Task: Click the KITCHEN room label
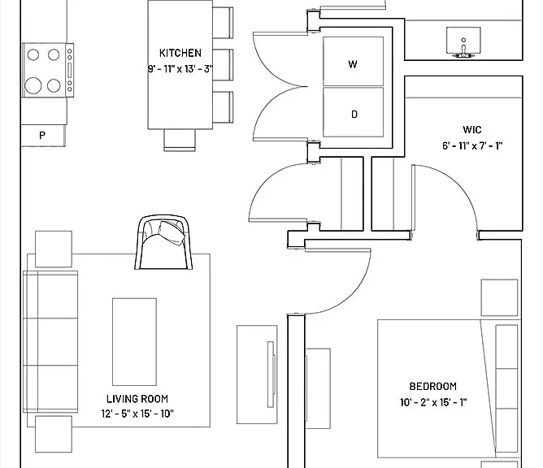click(x=180, y=53)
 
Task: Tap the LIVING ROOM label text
click(x=137, y=399)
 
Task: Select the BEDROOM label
click(x=433, y=386)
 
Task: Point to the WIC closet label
click(x=472, y=130)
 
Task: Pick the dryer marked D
click(x=354, y=112)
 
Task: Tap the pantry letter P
click(x=42, y=135)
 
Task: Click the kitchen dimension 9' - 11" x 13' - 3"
click(x=180, y=69)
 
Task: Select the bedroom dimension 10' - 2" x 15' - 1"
click(x=433, y=402)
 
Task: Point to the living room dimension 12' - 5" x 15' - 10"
click(x=137, y=414)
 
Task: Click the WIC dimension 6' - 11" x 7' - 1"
click(x=472, y=145)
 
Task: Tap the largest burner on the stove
click(x=33, y=85)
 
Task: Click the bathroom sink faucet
click(x=463, y=49)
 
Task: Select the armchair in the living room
click(x=163, y=242)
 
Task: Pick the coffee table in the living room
click(x=134, y=341)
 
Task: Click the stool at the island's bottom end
click(x=180, y=141)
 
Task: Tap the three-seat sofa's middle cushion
click(x=50, y=341)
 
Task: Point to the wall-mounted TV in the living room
click(x=271, y=375)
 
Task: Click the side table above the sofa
click(x=54, y=249)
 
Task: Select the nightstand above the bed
click(x=499, y=297)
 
